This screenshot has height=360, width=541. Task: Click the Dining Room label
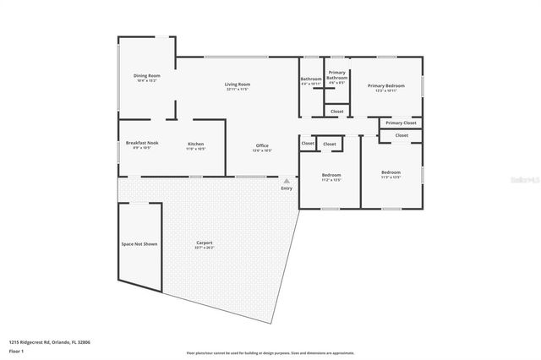[x=147, y=76]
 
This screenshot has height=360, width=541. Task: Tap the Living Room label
[x=238, y=85]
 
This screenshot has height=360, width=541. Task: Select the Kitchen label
[x=195, y=144]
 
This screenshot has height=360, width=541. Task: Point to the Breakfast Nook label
[x=142, y=143]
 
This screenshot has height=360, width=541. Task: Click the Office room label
[x=262, y=146]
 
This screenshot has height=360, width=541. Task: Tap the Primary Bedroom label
[x=385, y=85]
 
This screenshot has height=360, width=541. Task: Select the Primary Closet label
[x=401, y=123]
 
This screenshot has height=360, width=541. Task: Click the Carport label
[x=205, y=243]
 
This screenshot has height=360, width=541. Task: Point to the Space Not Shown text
[x=139, y=243]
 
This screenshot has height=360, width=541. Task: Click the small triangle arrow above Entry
[x=287, y=180]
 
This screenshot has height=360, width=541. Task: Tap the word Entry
[x=287, y=188]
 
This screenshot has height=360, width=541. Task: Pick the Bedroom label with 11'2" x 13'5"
[x=331, y=174]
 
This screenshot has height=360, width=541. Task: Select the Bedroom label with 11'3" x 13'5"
[x=391, y=174]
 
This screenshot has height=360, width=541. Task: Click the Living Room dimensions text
[x=238, y=90]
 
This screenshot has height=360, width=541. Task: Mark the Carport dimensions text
[x=205, y=248]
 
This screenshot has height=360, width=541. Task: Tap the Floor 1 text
[x=17, y=351]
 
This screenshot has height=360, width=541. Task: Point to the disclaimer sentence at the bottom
[x=270, y=352]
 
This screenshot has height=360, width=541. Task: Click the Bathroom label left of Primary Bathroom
[x=311, y=79]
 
